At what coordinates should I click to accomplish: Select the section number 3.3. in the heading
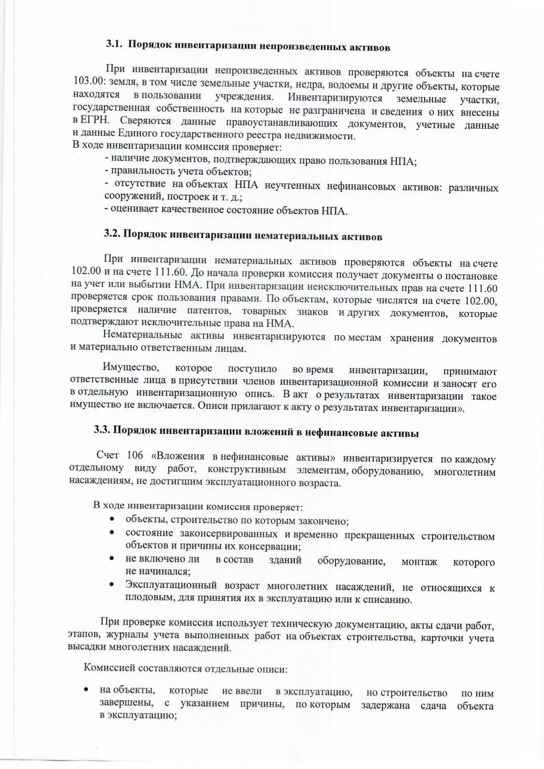point(102,429)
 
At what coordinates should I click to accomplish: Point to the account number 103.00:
point(89,83)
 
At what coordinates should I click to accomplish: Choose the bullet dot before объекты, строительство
point(113,520)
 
